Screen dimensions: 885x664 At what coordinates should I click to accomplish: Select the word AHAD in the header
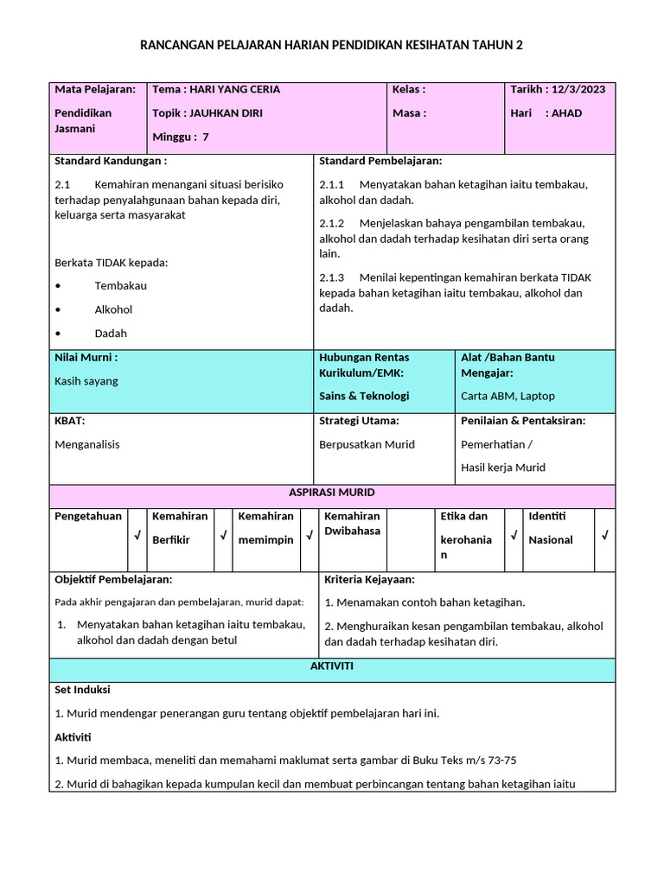click(566, 112)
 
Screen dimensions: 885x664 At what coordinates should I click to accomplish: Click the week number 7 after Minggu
click(205, 137)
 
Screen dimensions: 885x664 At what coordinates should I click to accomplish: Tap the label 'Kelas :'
click(408, 89)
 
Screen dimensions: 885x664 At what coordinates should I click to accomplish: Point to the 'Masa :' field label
click(409, 112)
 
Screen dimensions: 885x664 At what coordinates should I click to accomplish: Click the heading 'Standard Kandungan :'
click(111, 161)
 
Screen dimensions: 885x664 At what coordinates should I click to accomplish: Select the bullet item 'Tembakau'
click(120, 285)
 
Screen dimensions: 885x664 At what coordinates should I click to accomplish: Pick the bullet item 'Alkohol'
click(113, 309)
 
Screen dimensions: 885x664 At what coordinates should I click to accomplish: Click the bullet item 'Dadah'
click(111, 333)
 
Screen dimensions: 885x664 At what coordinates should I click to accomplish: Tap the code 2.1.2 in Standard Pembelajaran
click(332, 223)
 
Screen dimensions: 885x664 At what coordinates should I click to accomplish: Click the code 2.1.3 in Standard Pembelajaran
click(332, 277)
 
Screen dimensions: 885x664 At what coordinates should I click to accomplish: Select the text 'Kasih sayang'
click(86, 380)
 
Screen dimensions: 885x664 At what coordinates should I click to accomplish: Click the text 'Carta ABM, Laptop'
click(508, 396)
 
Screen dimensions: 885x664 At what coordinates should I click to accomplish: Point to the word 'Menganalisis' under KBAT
click(87, 444)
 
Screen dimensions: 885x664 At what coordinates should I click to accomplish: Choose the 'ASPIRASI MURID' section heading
click(332, 493)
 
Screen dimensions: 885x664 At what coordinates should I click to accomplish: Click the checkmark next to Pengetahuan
click(137, 537)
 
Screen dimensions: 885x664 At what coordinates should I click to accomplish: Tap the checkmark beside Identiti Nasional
click(605, 537)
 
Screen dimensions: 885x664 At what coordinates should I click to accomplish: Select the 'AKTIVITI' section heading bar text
click(332, 667)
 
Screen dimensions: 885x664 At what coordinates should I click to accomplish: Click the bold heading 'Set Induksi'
click(82, 690)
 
